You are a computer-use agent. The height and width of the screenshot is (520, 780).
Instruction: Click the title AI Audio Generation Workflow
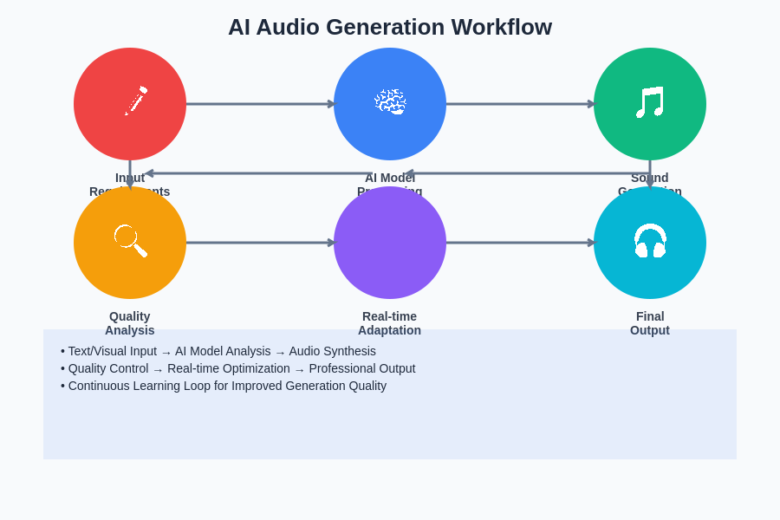pyautogui.click(x=390, y=27)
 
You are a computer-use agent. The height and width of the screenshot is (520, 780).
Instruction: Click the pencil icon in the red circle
pyautogui.click(x=135, y=101)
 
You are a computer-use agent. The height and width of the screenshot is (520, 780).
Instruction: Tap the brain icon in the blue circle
pyautogui.click(x=390, y=101)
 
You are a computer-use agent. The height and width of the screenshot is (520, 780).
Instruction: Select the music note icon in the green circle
pyautogui.click(x=650, y=102)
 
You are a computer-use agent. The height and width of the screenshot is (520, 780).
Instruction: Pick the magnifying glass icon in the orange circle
pyautogui.click(x=130, y=240)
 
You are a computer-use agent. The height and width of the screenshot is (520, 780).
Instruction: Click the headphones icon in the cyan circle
pyautogui.click(x=650, y=241)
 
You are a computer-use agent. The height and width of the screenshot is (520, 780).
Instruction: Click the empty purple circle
pyautogui.click(x=390, y=243)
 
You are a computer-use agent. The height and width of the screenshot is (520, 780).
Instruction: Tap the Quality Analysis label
pyautogui.click(x=130, y=323)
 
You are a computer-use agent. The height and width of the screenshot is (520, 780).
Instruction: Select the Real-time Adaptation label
pyautogui.click(x=390, y=323)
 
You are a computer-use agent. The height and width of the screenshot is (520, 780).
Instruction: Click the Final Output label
pyautogui.click(x=650, y=323)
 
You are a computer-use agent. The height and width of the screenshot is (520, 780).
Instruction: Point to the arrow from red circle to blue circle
pyautogui.click(x=260, y=104)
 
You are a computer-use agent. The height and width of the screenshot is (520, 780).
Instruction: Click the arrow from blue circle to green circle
pyautogui.click(x=520, y=104)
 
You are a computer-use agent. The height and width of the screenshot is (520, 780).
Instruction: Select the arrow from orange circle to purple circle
pyautogui.click(x=260, y=243)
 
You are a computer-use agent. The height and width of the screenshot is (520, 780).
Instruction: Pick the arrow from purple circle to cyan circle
pyautogui.click(x=520, y=243)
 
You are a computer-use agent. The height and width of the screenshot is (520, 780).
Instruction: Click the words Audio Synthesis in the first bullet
pyautogui.click(x=332, y=351)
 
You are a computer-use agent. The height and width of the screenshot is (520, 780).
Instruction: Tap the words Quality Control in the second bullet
pyautogui.click(x=108, y=368)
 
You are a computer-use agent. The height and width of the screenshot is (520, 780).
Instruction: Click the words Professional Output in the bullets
pyautogui.click(x=362, y=368)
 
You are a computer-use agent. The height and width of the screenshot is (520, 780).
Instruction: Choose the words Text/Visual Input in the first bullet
pyautogui.click(x=113, y=351)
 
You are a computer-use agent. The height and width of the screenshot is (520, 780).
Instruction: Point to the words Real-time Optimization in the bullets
pyautogui.click(x=229, y=368)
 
